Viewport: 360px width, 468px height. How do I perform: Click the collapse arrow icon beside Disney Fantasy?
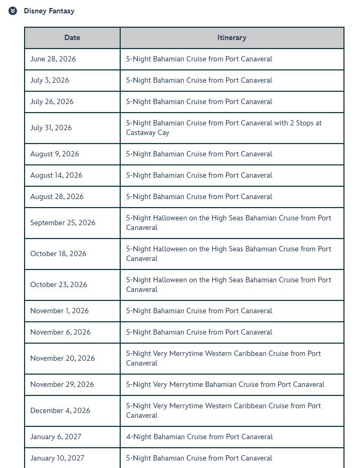point(13,11)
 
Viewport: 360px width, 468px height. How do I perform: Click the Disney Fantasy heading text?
point(49,11)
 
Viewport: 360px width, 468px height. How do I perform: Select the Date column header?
point(72,37)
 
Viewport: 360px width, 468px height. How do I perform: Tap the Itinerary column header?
point(232,37)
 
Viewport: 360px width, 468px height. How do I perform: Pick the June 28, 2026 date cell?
point(53,59)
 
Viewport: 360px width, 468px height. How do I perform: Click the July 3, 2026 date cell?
point(50,80)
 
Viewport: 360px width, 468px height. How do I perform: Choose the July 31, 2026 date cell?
point(51,128)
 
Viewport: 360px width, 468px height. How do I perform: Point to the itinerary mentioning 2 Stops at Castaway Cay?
point(224,128)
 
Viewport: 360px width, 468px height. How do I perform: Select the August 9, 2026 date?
point(54,154)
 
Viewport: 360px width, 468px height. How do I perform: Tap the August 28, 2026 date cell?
point(57,196)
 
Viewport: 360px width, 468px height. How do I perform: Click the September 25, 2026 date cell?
point(62,223)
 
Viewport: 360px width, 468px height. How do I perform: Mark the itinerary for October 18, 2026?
point(228,253)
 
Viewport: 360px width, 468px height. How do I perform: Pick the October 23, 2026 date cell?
point(58,284)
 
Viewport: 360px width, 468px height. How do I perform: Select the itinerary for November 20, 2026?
point(223,358)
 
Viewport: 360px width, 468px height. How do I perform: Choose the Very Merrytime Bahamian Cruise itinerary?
point(225,384)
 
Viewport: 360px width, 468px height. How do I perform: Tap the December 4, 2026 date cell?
point(60,410)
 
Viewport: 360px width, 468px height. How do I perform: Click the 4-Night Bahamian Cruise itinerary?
point(199,437)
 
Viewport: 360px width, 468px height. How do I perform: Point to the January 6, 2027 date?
point(56,437)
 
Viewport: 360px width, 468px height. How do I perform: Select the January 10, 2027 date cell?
point(57,458)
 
